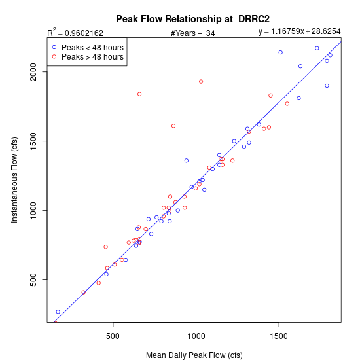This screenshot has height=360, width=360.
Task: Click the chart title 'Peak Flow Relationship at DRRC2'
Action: tap(192, 19)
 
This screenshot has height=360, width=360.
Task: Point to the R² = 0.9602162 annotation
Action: tap(75, 33)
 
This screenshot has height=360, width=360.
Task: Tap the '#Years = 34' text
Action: tap(193, 33)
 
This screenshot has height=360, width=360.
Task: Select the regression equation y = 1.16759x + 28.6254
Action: tap(299, 31)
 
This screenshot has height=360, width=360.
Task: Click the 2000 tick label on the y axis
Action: tap(33, 72)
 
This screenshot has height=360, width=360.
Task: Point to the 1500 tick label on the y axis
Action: tap(33, 141)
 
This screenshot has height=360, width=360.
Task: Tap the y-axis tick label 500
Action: tap(33, 280)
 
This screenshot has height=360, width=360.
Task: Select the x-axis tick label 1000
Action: tap(196, 336)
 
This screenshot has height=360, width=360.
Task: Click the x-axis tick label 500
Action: tap(113, 336)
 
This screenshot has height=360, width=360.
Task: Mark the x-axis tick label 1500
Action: tap(279, 336)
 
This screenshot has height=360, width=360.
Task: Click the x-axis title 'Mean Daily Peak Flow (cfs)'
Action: tap(194, 355)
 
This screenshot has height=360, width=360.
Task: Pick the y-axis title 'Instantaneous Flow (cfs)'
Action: tap(14, 180)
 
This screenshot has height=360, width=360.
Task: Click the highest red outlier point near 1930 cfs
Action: tap(201, 82)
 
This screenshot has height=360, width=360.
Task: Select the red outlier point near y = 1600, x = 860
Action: tap(173, 126)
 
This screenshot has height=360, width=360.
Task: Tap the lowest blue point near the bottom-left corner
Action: tap(58, 312)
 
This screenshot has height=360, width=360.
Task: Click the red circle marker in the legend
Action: tap(54, 56)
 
